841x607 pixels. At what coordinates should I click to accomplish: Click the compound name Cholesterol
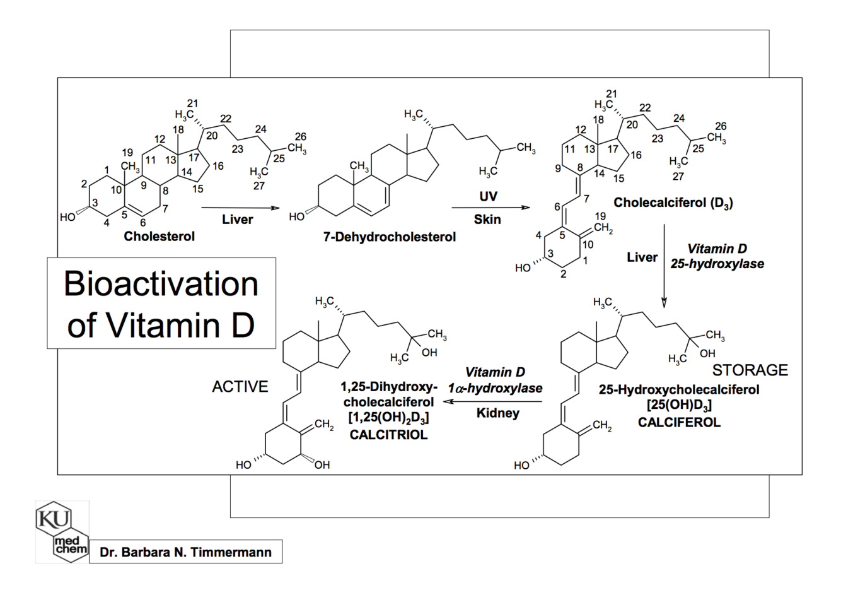pos(159,236)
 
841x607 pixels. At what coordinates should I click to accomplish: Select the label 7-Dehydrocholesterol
pos(389,237)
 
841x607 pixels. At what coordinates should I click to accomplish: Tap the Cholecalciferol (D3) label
pos(673,203)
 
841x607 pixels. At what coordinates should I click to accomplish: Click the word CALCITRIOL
pos(388,435)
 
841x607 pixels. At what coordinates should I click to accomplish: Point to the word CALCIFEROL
pos(678,422)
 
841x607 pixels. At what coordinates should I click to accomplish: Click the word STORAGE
pos(750,370)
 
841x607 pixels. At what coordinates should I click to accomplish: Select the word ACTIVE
pos(240,386)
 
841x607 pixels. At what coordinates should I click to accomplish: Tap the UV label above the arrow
pos(488,196)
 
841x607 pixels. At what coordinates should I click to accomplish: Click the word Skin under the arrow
pos(487,220)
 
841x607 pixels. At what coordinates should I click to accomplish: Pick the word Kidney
pos(497,413)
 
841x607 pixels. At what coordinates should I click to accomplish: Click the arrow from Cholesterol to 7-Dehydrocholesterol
pos(240,208)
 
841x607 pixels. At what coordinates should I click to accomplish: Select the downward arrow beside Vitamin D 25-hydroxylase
pos(664,266)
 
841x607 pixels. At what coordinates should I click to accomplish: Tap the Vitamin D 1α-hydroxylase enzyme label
pos(495,380)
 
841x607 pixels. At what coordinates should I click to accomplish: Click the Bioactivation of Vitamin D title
pos(161,303)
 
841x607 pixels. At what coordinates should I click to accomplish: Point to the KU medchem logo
pos(62,531)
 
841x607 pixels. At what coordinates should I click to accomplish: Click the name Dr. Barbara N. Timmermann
pos(185,552)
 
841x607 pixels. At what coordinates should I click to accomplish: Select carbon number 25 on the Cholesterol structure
pos(279,158)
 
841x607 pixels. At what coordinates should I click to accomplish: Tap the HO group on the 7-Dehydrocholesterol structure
pos(296,217)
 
